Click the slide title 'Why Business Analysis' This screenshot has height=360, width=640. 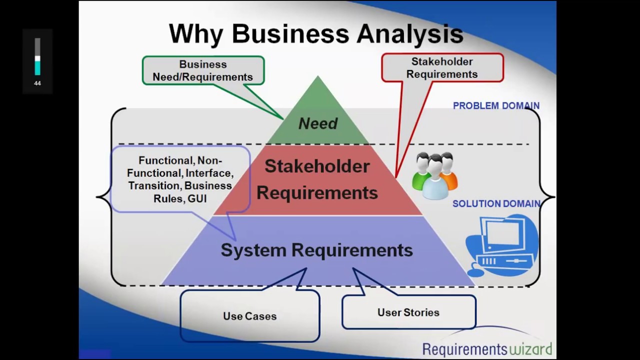pos(316,34)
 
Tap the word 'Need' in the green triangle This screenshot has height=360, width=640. pos(318,123)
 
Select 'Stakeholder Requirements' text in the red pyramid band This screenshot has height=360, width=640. pos(317,179)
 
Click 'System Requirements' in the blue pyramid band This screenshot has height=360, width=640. pos(316,250)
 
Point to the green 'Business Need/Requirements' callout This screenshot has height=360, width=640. pos(203,70)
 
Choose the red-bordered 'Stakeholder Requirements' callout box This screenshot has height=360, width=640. pos(442,68)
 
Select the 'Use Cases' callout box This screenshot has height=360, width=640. pos(249,316)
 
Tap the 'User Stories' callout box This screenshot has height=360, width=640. pos(408,312)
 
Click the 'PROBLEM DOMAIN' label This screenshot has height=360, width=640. pos(496,106)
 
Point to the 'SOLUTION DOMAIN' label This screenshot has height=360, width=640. pos(496,204)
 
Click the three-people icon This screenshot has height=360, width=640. pos(434,174)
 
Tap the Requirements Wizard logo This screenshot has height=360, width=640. pos(487,348)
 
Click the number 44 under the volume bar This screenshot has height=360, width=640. pos(37,83)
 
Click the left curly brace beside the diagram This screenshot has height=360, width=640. pos(104,196)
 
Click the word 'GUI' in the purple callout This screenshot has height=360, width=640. pos(197,198)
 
